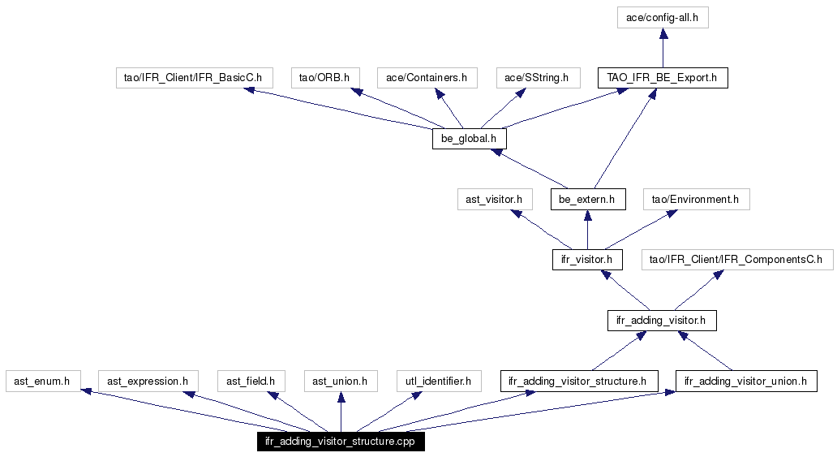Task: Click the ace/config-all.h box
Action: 663,18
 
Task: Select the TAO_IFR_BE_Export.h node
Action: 663,77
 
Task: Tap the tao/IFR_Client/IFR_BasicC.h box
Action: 195,77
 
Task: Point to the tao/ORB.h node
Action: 325,77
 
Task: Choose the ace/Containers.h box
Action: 427,77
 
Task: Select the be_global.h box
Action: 470,139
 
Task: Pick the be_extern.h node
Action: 588,200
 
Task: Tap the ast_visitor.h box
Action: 495,200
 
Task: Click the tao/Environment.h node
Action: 696,200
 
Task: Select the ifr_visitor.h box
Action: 587,260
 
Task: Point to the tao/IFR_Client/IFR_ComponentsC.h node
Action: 737,260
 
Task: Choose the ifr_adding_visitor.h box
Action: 662,320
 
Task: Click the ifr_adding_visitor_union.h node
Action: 746,381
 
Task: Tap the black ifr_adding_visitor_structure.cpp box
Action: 341,442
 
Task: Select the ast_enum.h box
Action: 43,381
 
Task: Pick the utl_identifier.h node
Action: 439,381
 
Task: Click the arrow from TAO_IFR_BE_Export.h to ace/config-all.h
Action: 663,48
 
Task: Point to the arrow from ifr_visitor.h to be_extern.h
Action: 587,230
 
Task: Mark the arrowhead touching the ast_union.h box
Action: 341,397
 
